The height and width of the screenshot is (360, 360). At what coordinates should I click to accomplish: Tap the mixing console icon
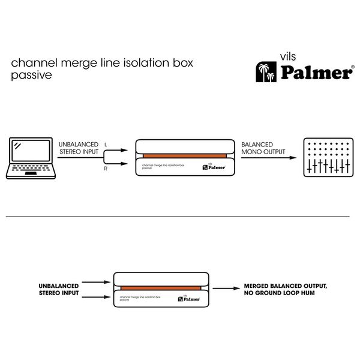click(328, 158)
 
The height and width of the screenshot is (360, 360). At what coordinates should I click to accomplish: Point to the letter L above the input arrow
click(106, 145)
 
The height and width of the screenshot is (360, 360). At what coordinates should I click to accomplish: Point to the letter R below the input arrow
click(106, 170)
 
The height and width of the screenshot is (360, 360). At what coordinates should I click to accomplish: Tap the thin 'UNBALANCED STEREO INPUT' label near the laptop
click(78, 148)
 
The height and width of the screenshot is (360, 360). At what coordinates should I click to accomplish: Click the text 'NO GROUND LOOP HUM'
click(278, 294)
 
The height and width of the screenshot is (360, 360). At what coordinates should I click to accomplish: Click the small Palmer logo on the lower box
click(189, 298)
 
